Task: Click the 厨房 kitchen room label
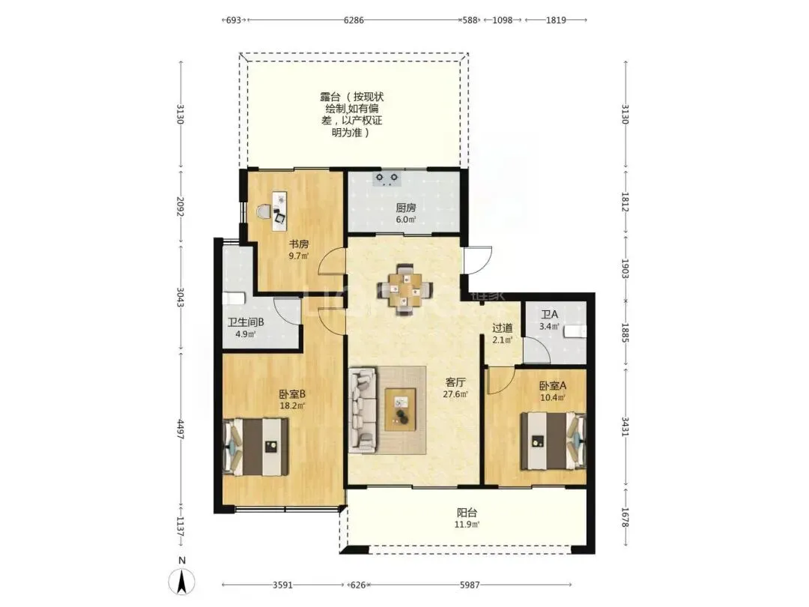(x=406, y=208)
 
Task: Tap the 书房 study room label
(x=299, y=244)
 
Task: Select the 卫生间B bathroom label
(x=246, y=322)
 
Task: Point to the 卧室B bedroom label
(x=292, y=394)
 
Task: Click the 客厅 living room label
(x=455, y=382)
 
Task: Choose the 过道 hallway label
(x=502, y=327)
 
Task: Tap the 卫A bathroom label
(x=550, y=314)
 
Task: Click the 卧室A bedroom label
(x=553, y=386)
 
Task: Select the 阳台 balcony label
(x=467, y=513)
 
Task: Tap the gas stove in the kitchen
(x=387, y=178)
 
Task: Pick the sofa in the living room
(x=362, y=410)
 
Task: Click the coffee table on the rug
(x=400, y=409)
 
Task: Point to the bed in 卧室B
(x=255, y=447)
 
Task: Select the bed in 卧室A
(x=553, y=441)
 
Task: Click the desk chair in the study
(x=264, y=211)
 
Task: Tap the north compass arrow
(x=181, y=582)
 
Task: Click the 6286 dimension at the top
(x=354, y=20)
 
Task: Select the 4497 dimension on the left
(x=181, y=429)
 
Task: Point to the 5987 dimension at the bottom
(x=470, y=585)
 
